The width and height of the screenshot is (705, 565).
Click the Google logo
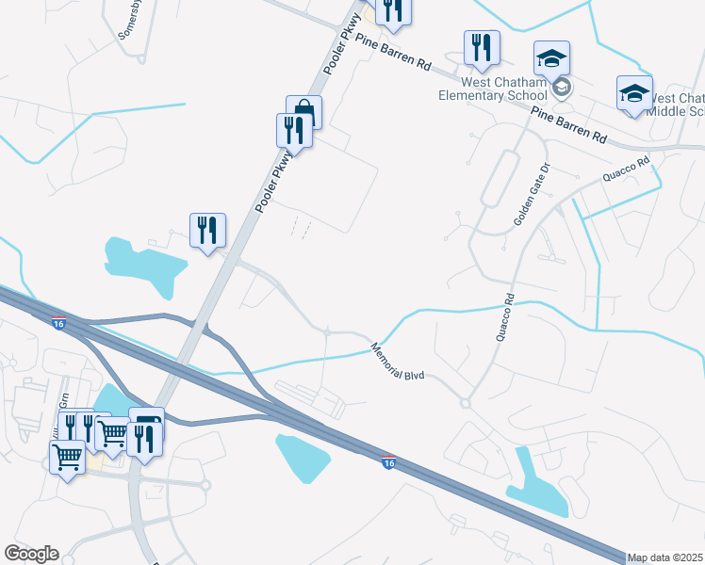[x=31, y=554]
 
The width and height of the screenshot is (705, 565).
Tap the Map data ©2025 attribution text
[x=665, y=557]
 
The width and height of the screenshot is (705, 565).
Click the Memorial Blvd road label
[x=400, y=361]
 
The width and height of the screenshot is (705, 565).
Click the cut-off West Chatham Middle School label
[x=678, y=105]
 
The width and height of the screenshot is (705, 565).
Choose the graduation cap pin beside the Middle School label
[x=634, y=93]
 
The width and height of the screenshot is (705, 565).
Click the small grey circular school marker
[x=562, y=88]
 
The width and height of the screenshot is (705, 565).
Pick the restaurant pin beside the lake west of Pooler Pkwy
[x=207, y=230]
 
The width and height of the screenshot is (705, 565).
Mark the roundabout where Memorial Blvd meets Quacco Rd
[x=465, y=404]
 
